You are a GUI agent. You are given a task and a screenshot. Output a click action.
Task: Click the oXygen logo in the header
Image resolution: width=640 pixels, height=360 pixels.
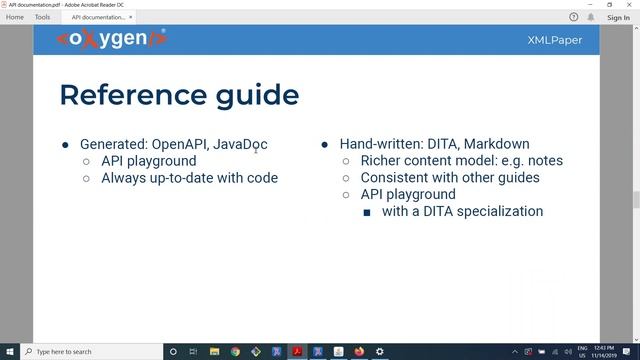[x=112, y=39]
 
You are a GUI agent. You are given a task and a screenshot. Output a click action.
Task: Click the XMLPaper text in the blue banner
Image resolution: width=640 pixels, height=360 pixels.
[x=555, y=40]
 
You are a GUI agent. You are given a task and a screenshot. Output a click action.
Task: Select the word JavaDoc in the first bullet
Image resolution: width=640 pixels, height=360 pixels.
[x=240, y=144]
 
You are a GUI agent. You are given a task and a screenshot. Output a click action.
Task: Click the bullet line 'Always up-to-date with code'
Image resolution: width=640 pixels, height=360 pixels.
[x=189, y=178]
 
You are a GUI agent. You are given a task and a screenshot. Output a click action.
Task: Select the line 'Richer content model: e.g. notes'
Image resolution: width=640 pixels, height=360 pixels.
[x=461, y=161]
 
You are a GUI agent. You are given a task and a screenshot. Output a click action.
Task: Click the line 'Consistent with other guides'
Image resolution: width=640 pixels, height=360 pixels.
[x=450, y=178]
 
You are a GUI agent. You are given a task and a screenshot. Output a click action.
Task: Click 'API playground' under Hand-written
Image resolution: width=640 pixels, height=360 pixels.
[x=408, y=194]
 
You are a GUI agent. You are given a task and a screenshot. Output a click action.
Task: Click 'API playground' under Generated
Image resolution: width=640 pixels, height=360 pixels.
[x=149, y=161]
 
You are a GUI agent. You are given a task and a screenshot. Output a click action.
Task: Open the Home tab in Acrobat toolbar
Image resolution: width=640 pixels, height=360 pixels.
[x=15, y=17]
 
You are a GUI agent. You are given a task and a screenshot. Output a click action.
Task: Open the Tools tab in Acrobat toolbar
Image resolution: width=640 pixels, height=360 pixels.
[x=42, y=17]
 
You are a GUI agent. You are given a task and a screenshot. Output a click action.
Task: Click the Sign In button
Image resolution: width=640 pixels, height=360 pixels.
[x=618, y=17]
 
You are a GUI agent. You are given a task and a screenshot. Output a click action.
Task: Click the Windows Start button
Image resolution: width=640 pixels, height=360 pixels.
[x=9, y=352]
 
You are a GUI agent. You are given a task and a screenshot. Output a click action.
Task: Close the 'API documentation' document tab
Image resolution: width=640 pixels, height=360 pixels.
[x=131, y=17]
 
